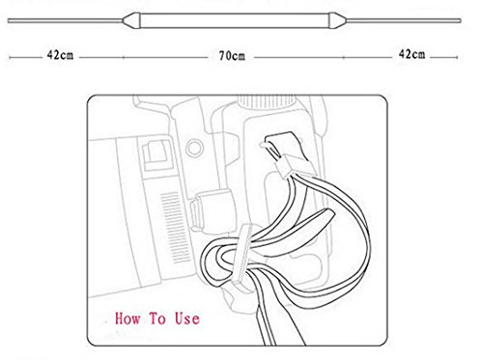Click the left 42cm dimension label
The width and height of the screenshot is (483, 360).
pos(60,55)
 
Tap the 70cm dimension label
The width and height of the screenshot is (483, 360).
pos(232,56)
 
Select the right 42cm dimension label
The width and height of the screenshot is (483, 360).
pos(412,54)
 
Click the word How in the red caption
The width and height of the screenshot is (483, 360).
pos(128,318)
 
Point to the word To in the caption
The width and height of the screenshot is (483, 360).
pos(157,318)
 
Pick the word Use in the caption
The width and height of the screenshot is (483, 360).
pos(187,318)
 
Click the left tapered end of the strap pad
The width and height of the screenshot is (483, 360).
pos(132,20)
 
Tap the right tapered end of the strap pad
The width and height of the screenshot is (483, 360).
pos(338,20)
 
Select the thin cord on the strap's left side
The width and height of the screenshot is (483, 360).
pos(66,20)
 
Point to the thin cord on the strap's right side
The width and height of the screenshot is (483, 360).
pos(404,20)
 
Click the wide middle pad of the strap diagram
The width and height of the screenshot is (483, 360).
pos(235,20)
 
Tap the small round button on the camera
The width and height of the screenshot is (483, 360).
pos(194,148)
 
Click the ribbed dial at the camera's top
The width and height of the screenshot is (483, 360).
pos(267,101)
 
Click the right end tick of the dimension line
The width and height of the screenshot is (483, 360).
pos(457,57)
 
